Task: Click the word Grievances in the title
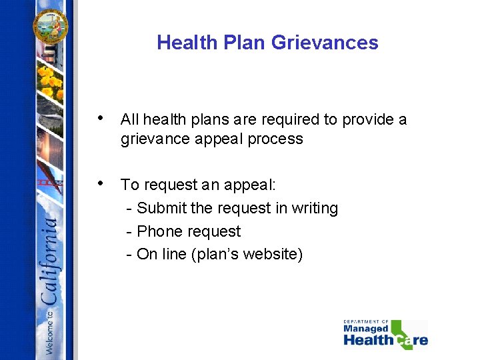point(325,43)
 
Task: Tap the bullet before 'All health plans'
point(100,119)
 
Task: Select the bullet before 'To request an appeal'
point(100,183)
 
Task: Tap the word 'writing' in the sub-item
point(316,208)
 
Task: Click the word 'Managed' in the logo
point(365,329)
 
